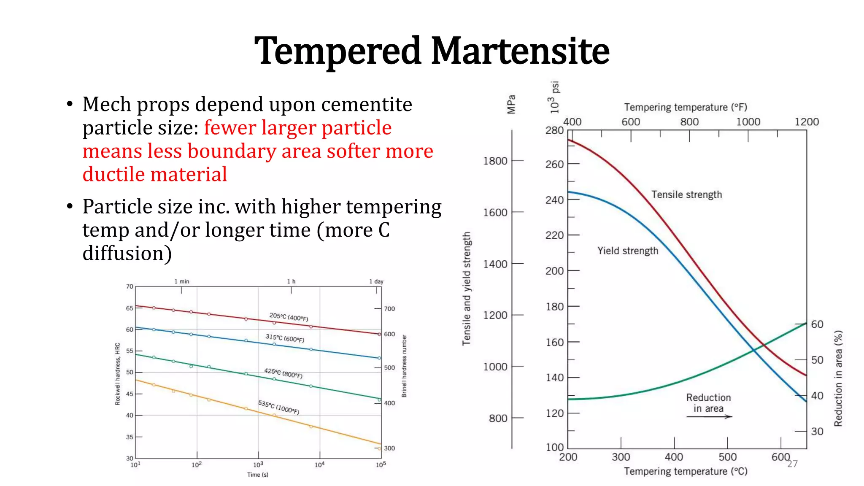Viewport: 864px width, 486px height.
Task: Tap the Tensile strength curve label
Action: click(686, 194)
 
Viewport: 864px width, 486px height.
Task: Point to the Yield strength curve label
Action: click(627, 251)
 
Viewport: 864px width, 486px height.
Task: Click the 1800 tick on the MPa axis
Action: click(495, 161)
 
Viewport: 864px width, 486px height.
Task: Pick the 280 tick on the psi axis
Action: click(554, 130)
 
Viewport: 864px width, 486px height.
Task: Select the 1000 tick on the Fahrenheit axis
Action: click(748, 122)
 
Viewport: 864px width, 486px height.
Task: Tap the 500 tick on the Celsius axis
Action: click(727, 457)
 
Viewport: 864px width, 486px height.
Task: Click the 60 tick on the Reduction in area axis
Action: click(817, 324)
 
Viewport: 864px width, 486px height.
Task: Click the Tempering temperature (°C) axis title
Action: click(686, 471)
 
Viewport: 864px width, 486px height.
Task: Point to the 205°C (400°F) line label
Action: click(289, 317)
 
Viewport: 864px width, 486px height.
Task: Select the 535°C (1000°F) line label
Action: click(278, 407)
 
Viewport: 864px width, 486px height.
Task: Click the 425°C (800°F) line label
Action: click(283, 373)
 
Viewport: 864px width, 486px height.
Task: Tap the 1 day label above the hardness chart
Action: click(376, 281)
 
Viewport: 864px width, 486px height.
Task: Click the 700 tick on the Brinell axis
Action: click(389, 309)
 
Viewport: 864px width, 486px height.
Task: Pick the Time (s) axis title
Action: click(258, 475)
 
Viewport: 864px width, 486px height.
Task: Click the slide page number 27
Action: click(792, 464)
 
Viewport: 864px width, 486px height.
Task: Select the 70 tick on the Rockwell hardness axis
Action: click(130, 286)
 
